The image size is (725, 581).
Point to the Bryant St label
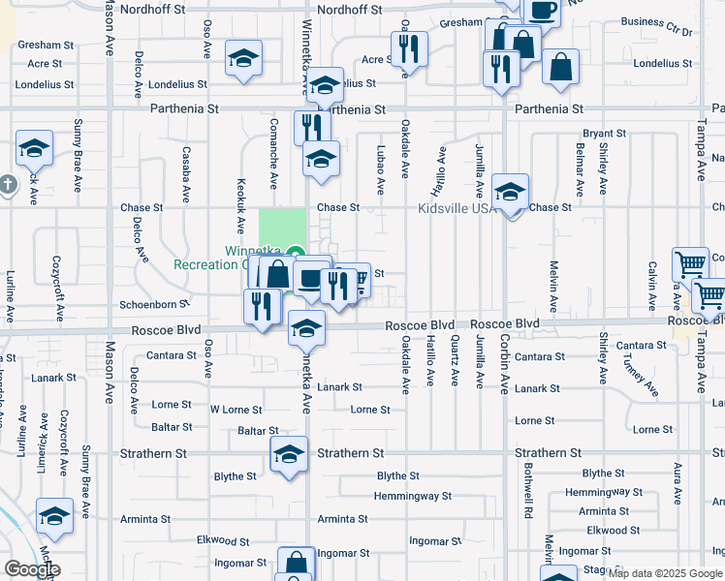coord(605,134)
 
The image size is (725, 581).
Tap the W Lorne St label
coord(236,410)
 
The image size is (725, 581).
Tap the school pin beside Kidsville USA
coord(510,192)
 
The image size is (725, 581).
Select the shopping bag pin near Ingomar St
coord(296,564)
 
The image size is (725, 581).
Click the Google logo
coord(32,569)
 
